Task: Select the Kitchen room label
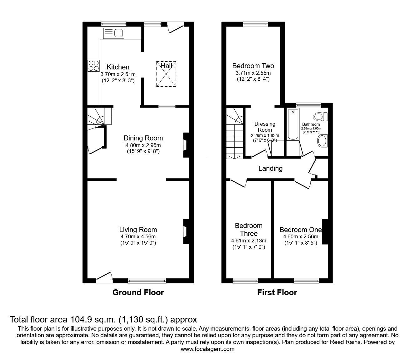click(x=118, y=67)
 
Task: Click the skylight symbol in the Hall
click(x=166, y=74)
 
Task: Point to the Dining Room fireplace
click(x=185, y=145)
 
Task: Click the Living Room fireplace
click(x=185, y=231)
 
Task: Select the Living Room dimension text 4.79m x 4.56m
click(x=138, y=237)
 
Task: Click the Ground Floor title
click(x=138, y=292)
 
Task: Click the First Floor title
click(x=277, y=292)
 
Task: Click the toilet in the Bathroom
click(x=320, y=117)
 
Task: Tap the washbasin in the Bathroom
click(x=322, y=141)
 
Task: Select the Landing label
click(x=270, y=169)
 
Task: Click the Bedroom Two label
click(x=253, y=66)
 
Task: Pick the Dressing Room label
click(x=265, y=127)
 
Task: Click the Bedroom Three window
click(x=245, y=281)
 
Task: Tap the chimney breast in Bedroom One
click(x=325, y=231)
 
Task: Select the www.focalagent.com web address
click(x=207, y=349)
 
